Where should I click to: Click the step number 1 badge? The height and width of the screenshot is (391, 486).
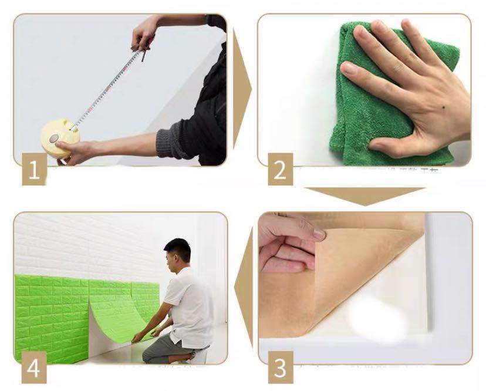click(x=34, y=170)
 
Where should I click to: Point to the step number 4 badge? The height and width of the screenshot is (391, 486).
click(x=34, y=368)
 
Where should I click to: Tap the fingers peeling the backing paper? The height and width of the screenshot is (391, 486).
click(x=291, y=241)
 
